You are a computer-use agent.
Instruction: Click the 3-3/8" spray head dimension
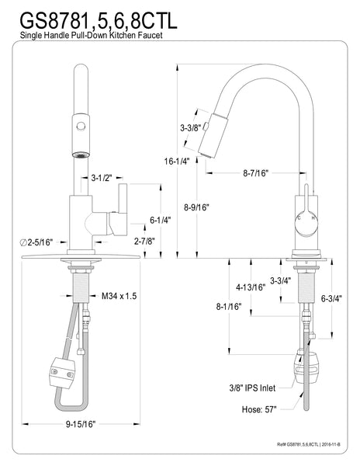point(191,127)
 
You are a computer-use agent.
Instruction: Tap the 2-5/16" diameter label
point(34,243)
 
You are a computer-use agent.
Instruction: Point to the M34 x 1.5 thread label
point(119,296)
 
